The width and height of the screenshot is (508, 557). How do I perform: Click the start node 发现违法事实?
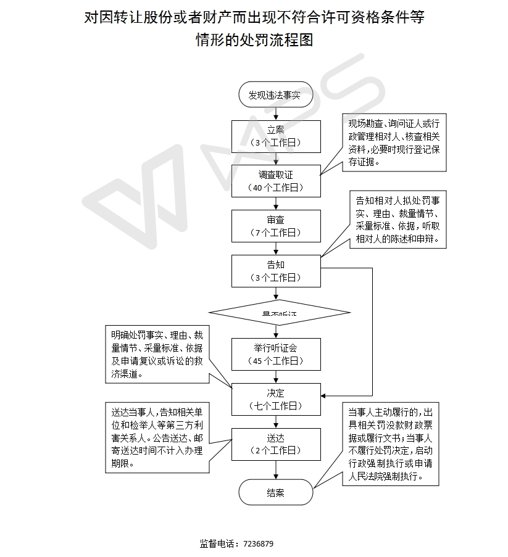click(x=275, y=96)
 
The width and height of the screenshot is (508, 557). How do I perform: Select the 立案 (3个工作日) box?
click(x=276, y=136)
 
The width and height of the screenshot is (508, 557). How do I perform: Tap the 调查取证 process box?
click(x=276, y=181)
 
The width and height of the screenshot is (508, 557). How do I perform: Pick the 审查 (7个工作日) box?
click(x=276, y=226)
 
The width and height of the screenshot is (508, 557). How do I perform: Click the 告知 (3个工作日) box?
click(x=276, y=271)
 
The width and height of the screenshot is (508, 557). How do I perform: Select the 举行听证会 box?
click(x=276, y=354)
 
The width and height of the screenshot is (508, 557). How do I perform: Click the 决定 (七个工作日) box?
click(x=276, y=399)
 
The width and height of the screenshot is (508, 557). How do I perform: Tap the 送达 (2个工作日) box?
click(x=276, y=444)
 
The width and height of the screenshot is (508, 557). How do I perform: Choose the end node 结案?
click(x=275, y=493)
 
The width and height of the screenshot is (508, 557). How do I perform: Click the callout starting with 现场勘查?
click(x=394, y=142)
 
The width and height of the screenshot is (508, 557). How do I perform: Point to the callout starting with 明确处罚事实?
click(x=157, y=354)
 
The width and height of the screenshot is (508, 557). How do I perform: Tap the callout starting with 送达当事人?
click(x=157, y=437)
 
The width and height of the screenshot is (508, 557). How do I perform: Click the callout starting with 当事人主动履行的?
click(x=394, y=444)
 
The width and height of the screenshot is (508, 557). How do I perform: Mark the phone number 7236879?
click(x=258, y=543)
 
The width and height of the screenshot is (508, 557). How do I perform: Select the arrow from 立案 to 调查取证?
click(x=276, y=159)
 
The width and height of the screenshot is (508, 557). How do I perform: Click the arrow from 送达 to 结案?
click(x=276, y=470)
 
